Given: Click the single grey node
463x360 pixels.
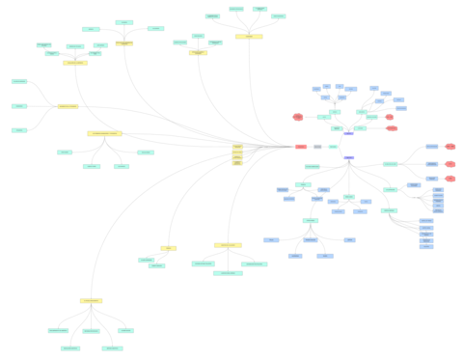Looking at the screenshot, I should point(317,147).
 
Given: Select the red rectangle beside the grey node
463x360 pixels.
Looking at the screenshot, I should point(301,147).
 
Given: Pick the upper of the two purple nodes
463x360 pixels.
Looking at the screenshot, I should point(348,134).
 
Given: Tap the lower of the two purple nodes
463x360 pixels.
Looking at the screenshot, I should point(349,157).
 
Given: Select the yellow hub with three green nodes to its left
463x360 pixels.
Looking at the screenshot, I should point(68,106).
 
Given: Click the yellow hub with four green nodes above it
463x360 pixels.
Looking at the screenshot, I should point(249,37).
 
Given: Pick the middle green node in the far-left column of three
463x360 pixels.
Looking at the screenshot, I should point(19,106).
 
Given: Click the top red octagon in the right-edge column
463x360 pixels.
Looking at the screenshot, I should point(450,147).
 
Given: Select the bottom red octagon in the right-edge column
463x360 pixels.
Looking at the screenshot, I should point(450,179).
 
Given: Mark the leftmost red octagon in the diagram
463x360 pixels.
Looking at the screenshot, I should point(298,117).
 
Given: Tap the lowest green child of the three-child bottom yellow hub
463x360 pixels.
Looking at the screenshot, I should point(228,273).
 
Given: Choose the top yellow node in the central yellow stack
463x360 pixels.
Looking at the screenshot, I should point(237,146).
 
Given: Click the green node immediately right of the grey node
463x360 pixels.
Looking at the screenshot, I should point(333,147).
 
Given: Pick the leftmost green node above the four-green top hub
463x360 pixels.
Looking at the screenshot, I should point(212,16).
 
